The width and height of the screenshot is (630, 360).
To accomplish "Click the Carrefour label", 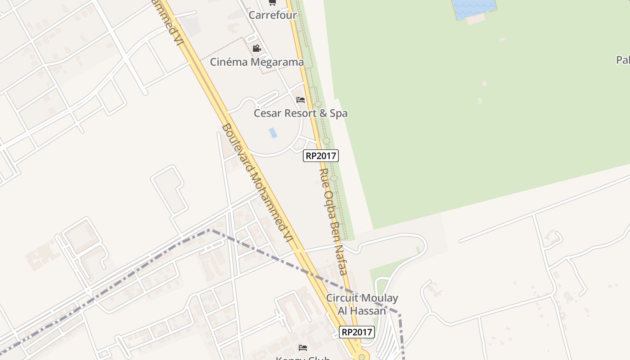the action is pos(273,15).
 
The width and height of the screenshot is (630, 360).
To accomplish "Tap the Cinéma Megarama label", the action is pos(257,62).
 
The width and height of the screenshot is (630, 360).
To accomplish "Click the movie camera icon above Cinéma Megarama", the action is pos(256,48).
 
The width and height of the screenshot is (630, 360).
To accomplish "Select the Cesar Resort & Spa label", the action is pos(301,113).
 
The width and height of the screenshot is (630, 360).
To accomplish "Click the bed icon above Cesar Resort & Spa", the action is pos(301,99).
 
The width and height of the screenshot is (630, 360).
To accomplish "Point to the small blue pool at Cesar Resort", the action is pos(273,133).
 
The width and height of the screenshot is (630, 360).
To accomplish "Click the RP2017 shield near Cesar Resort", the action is pos(321,156).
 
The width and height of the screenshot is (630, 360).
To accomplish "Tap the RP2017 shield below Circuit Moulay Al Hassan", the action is pos(356,332).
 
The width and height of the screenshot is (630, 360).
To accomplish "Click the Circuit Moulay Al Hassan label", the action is pos(362,304).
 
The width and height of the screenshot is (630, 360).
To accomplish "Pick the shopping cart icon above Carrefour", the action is pos(272,2).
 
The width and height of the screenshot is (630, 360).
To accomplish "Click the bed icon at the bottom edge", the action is pos(303,347).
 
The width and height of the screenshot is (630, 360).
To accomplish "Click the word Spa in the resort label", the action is pos(338,113).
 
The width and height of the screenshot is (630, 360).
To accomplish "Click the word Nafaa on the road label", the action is pos(341,261).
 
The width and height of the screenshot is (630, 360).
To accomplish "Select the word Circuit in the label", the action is pos(342,298).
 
